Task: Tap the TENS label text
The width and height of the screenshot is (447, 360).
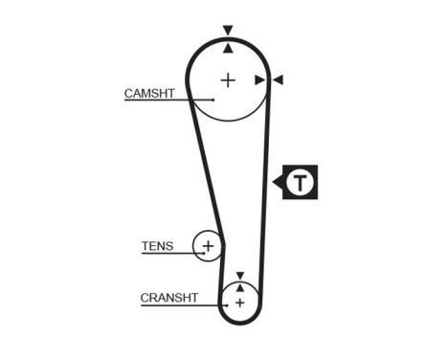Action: pyautogui.click(x=157, y=246)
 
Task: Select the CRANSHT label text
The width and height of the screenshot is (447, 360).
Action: pyautogui.click(x=168, y=298)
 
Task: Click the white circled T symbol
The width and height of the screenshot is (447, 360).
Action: pyautogui.click(x=302, y=182)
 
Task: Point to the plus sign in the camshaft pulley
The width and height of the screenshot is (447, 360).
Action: pyautogui.click(x=228, y=79)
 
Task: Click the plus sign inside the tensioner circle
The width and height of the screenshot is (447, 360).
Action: pyautogui.click(x=208, y=247)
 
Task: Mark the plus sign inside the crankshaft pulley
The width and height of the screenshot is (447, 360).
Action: pyautogui.click(x=239, y=303)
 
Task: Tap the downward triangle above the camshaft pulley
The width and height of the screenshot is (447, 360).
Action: pyautogui.click(x=228, y=31)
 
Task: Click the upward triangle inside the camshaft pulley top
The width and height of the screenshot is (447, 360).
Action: pyautogui.click(x=228, y=46)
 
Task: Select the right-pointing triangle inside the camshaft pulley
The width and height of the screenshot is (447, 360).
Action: pyautogui.click(x=259, y=80)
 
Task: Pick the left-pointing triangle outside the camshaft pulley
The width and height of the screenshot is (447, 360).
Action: pyautogui.click(x=278, y=80)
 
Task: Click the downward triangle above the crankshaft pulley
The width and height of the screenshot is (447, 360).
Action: pyautogui.click(x=239, y=274)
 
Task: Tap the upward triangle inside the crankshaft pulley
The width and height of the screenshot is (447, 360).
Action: pyautogui.click(x=239, y=286)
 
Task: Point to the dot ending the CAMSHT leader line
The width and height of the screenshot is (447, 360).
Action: pyautogui.click(x=213, y=100)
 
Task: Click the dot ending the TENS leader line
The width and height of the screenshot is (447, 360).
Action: pyautogui.click(x=203, y=254)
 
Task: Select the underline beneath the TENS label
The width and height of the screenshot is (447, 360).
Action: pyautogui.click(x=163, y=254)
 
